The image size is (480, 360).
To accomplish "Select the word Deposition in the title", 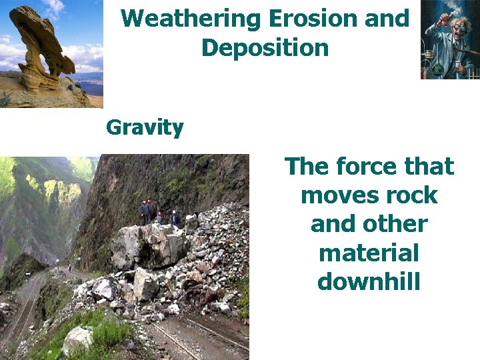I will pos(265,48).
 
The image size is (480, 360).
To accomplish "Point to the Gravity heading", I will pos(145,127).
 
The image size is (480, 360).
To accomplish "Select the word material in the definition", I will pos(369,253).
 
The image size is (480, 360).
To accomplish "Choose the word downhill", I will pos(369,282).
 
